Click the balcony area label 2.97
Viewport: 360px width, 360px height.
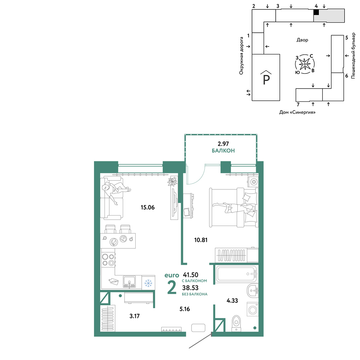pos(223,144)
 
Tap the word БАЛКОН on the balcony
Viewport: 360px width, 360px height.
pos(223,150)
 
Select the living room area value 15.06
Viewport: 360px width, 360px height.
pos(148,207)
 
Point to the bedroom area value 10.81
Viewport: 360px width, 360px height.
pos(201,240)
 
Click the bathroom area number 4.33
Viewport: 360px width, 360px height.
pos(232,301)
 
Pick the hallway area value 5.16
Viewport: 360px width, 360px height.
pos(185,309)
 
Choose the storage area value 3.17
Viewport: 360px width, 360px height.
pos(134,316)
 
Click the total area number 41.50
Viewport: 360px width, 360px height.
pos(190,275)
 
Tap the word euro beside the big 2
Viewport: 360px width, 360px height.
pos(172,275)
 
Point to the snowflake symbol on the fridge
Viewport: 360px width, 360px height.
pos(148,283)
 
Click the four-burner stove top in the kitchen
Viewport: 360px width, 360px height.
pos(108,260)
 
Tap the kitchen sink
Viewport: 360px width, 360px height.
pos(129,282)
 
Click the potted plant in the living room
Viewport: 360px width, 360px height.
pos(172,181)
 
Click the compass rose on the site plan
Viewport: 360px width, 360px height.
pos(305,64)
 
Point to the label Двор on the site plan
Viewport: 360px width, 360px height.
pos(302,40)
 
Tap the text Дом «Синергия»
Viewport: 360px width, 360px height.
pos(297,112)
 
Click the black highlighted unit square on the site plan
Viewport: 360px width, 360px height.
pos(316,13)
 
